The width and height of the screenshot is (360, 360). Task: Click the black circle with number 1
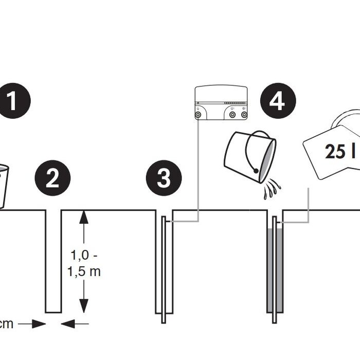(13, 101)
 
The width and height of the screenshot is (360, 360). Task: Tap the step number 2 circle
(52, 178)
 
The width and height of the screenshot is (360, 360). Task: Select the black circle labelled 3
(164, 178)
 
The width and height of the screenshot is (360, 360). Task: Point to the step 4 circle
(278, 101)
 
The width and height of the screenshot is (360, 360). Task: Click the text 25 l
(340, 152)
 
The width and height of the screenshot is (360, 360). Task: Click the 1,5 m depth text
(84, 272)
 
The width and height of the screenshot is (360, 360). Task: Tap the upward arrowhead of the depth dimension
(84, 217)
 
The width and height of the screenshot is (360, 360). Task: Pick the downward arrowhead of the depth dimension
(84, 306)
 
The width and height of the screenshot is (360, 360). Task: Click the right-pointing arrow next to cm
(32, 324)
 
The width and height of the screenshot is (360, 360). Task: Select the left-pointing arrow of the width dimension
(75, 324)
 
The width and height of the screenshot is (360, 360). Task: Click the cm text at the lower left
(6, 324)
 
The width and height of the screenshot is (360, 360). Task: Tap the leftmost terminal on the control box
(198, 115)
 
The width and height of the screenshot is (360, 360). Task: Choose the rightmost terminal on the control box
(244, 115)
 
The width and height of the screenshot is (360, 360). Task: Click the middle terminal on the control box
(232, 115)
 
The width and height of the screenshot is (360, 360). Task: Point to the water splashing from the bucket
(272, 189)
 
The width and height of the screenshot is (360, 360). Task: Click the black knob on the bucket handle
(256, 171)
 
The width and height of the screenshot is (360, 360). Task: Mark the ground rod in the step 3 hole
(164, 270)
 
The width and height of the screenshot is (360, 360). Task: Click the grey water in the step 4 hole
(275, 270)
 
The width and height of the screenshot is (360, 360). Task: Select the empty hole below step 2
(53, 261)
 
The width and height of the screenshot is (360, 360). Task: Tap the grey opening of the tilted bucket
(267, 160)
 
